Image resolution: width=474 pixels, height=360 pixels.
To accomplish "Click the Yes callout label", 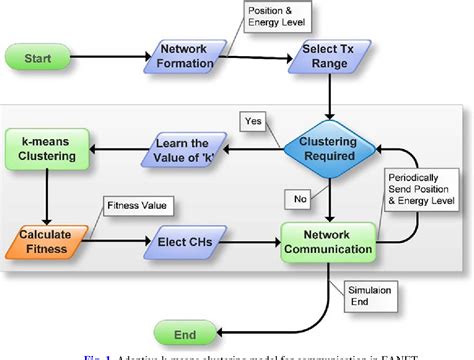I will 253,122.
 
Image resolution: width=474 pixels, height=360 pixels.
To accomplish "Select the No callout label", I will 298,198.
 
